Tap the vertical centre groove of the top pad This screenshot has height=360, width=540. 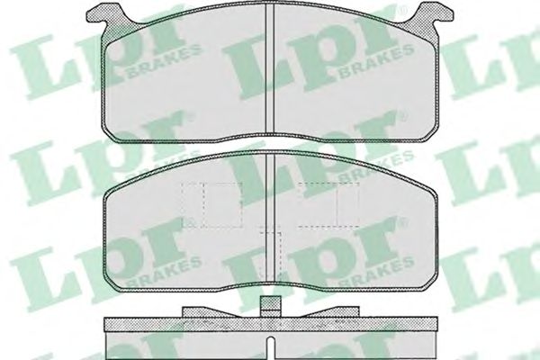(x=270, y=69)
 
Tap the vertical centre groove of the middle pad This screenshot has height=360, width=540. (x=271, y=216)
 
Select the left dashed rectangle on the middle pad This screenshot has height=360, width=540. (x=212, y=205)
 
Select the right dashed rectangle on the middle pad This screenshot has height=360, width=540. (x=328, y=205)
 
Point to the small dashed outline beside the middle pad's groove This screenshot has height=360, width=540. (x=272, y=253)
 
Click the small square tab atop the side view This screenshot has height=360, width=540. (x=270, y=306)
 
